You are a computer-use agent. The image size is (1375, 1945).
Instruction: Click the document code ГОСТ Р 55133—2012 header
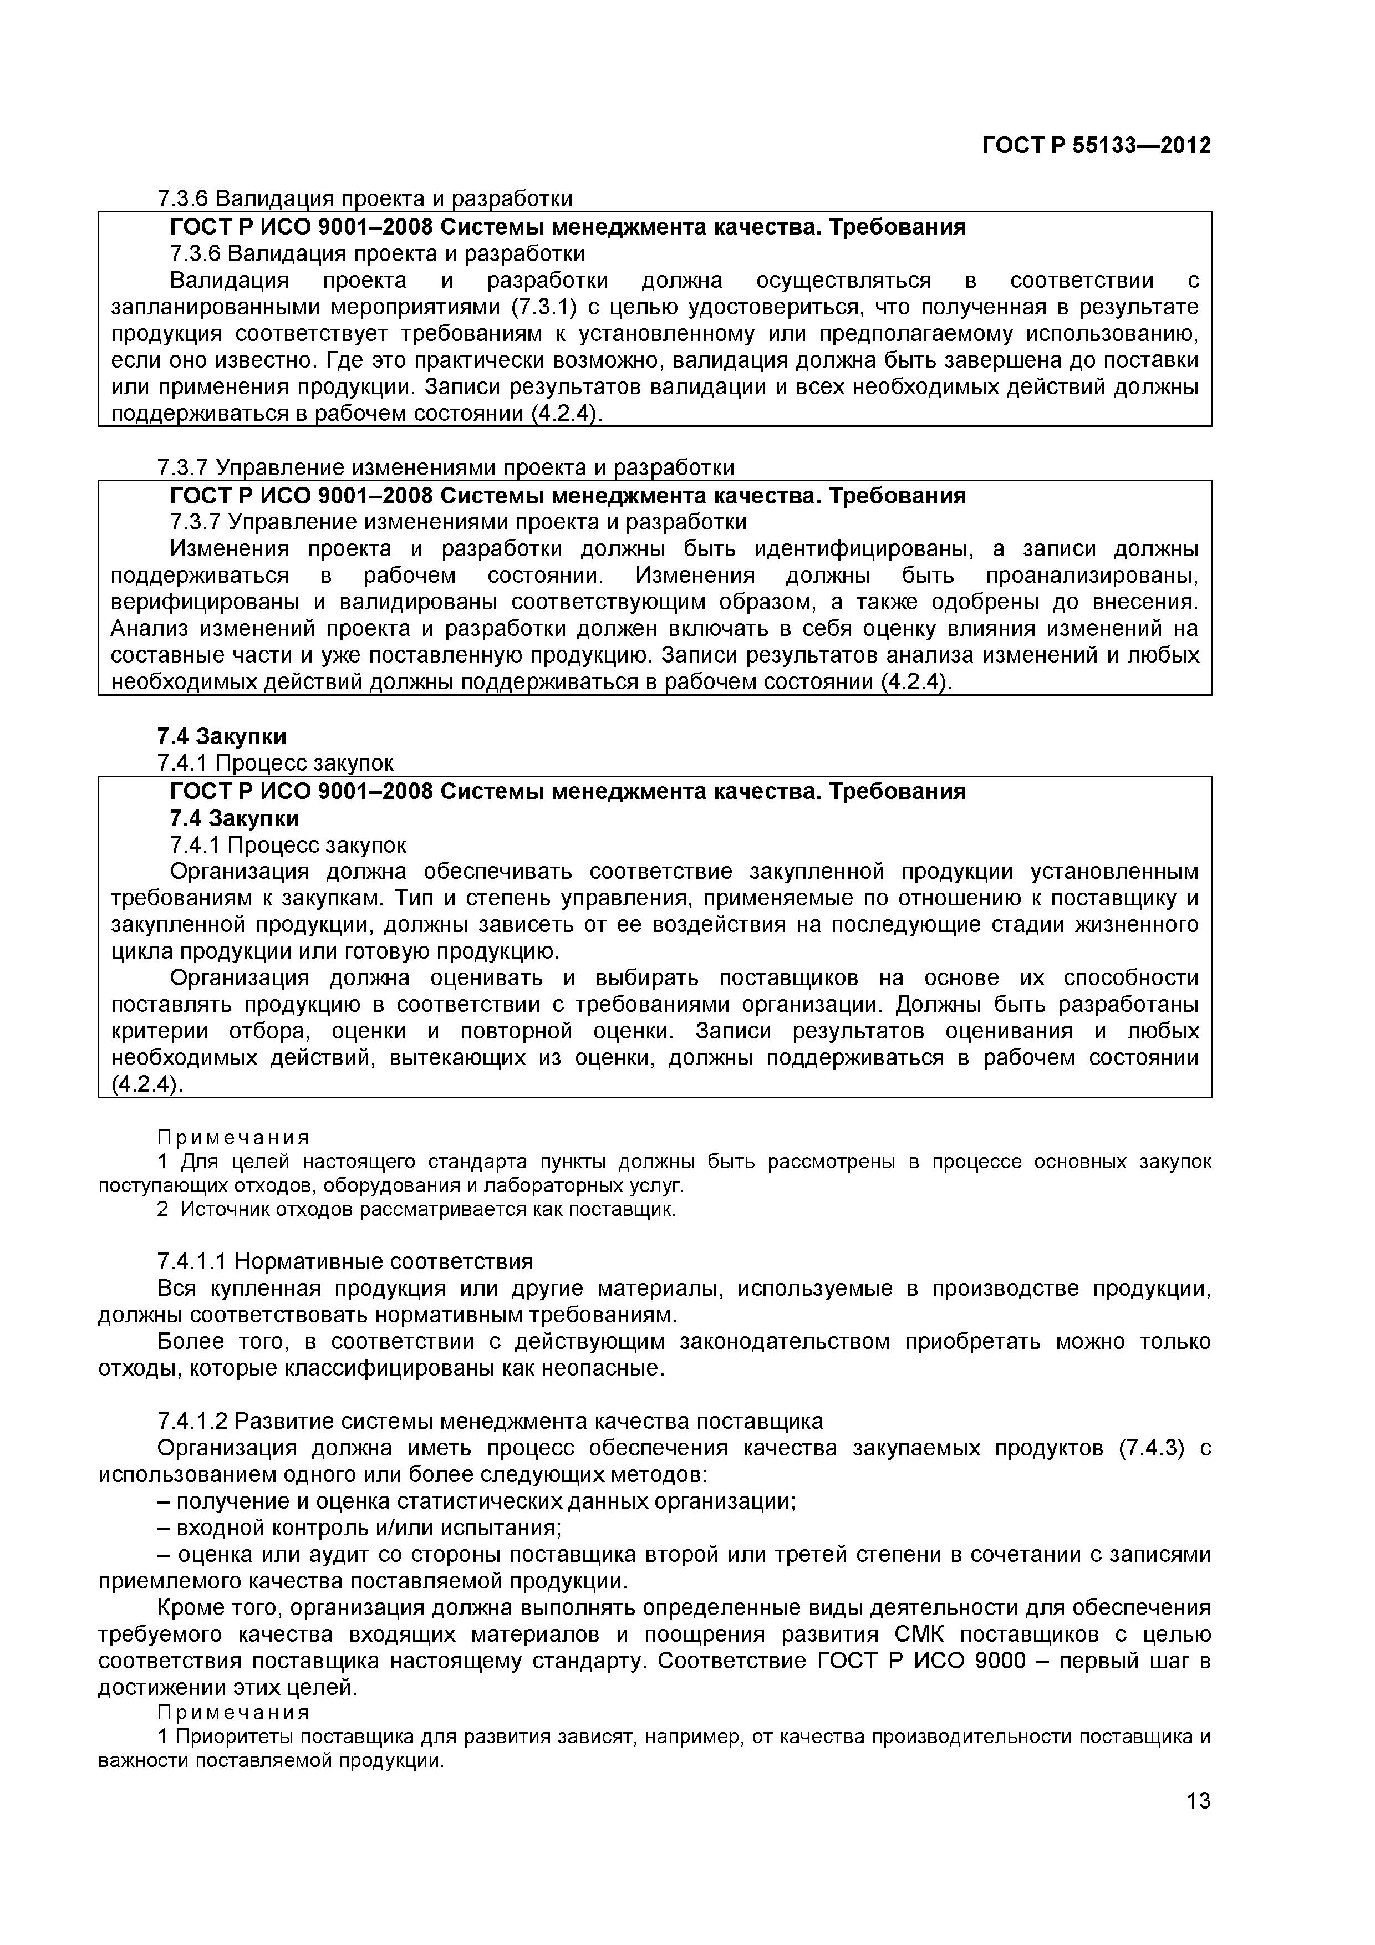[1096, 146]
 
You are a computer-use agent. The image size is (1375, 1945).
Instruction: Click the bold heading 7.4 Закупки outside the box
[221, 736]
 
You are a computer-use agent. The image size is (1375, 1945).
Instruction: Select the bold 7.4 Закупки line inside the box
[234, 818]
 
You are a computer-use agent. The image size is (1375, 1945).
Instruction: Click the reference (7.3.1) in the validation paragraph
[544, 307]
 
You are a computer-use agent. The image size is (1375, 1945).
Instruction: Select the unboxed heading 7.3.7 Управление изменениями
[446, 467]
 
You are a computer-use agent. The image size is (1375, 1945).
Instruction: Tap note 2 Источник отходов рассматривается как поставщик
[417, 1209]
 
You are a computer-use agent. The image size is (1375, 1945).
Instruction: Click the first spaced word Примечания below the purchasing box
[234, 1137]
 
